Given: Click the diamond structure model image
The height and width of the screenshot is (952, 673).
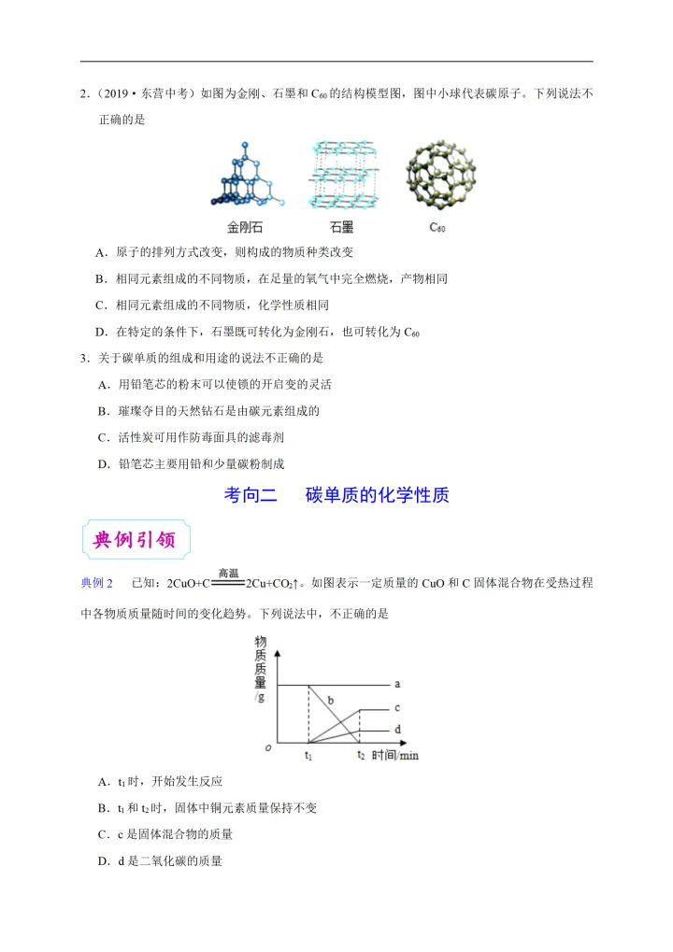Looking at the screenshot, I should [x=245, y=175].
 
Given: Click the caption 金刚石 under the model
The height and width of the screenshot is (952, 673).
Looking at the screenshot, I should [x=245, y=227].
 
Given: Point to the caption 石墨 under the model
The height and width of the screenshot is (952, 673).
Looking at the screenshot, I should [x=341, y=227].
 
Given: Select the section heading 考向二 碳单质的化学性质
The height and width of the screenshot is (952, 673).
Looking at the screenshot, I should [x=336, y=495].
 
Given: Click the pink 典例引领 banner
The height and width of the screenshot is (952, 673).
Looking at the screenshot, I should [x=136, y=539].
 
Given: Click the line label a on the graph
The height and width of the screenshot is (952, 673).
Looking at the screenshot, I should [x=397, y=685].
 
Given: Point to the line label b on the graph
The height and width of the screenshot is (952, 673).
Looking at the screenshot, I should [x=330, y=700].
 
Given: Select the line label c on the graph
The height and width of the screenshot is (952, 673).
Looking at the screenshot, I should [x=397, y=708].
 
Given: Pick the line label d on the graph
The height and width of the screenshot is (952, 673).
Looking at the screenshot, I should [x=397, y=730].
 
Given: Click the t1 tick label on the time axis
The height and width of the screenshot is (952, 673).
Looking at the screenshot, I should [x=308, y=755].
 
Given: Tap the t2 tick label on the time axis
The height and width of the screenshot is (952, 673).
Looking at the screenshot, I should [x=360, y=755].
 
